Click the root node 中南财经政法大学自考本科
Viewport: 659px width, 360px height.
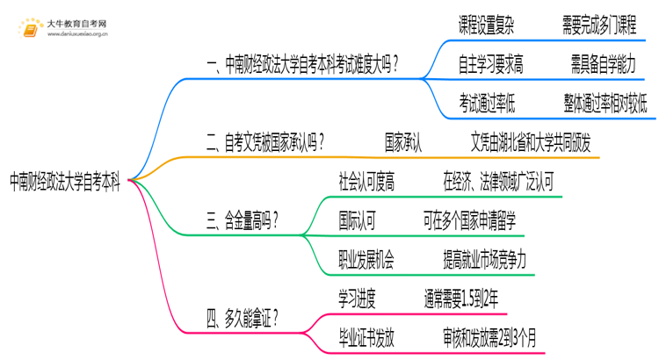pyautogui.click(x=65, y=183)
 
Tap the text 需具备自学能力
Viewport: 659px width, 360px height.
pyautogui.click(x=605, y=65)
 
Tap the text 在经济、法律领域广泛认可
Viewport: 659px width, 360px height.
pyautogui.click(x=499, y=182)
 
